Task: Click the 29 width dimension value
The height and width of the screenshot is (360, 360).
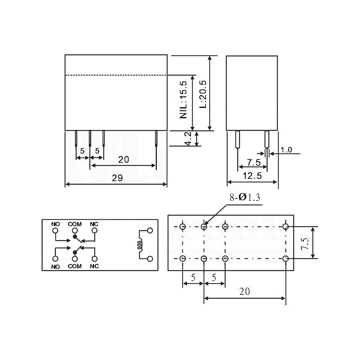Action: [x=117, y=178]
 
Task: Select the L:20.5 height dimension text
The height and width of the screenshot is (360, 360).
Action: [x=203, y=94]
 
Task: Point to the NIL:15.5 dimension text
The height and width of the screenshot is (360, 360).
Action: [x=183, y=100]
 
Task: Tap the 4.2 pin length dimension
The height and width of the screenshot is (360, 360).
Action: [x=188, y=138]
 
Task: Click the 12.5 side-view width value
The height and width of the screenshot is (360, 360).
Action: [x=252, y=176]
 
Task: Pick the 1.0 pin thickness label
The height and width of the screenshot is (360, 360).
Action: [x=286, y=150]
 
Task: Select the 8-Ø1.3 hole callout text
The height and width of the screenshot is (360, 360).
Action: [x=245, y=197]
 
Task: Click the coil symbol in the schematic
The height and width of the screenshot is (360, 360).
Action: [x=140, y=245]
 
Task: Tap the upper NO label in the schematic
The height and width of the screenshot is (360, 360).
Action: [x=55, y=224]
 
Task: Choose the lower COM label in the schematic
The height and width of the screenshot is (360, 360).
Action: [x=75, y=267]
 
